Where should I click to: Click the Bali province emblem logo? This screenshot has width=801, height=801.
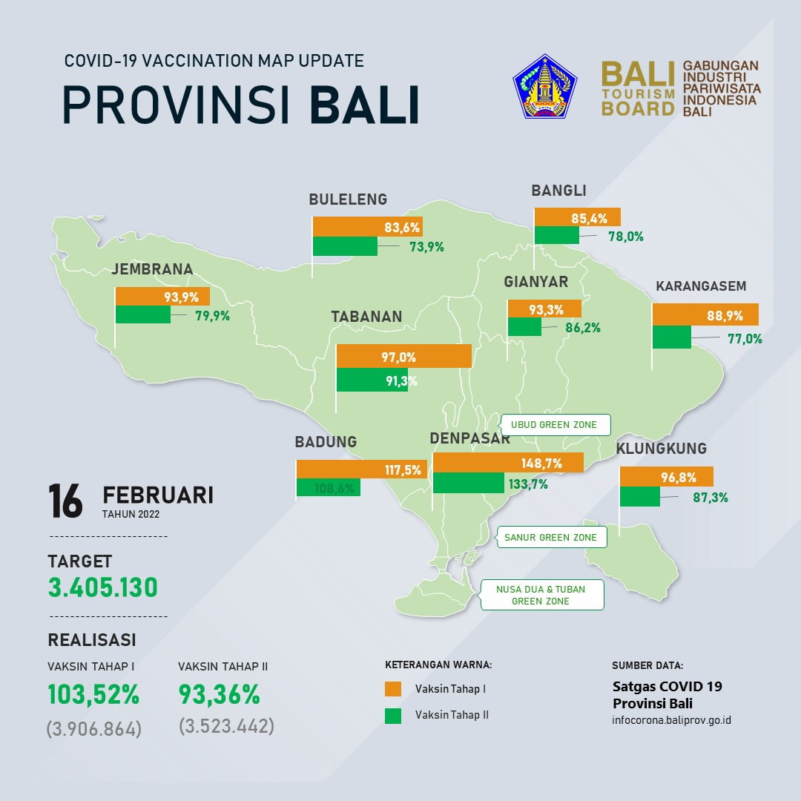tap(545, 86)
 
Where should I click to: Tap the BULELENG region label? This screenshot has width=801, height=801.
tap(348, 200)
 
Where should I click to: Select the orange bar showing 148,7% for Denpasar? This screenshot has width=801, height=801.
tap(509, 463)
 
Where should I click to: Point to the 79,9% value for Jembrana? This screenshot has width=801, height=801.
tap(211, 315)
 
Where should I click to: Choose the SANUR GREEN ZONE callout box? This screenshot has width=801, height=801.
tap(550, 537)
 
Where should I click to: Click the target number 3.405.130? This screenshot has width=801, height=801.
tap(103, 588)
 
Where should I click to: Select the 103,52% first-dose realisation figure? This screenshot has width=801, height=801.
tap(93, 695)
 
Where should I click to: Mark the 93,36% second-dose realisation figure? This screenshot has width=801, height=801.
tap(219, 695)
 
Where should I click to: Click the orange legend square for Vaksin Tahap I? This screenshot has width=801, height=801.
tap(393, 688)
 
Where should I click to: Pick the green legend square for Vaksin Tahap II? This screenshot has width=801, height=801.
tap(393, 716)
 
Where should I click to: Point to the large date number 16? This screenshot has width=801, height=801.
tap(65, 501)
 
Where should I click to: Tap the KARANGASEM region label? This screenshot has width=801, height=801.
tap(701, 286)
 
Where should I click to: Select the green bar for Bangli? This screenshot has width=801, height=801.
tap(556, 235)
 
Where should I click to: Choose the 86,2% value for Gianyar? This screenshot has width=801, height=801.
tap(582, 327)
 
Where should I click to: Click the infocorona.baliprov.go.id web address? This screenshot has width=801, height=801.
tap(671, 720)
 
